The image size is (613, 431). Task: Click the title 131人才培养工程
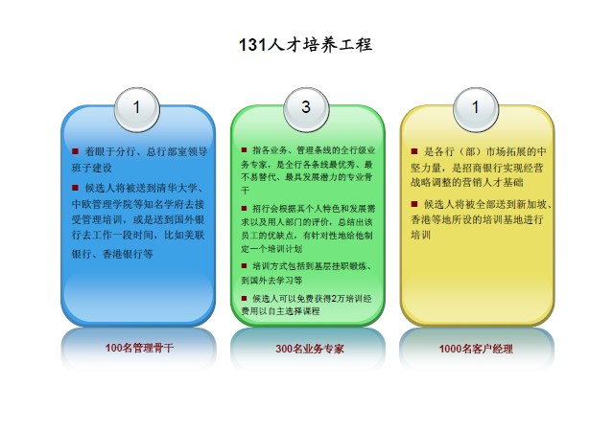point(305,45)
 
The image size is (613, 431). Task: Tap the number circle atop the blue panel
point(137,108)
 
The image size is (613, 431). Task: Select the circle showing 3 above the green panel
point(306,108)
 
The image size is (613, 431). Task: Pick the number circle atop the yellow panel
point(474,108)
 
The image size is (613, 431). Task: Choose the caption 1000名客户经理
point(476,349)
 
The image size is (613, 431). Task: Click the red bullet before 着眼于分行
point(76,151)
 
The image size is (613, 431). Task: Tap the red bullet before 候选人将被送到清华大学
point(76,187)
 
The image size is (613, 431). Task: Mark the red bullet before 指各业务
point(244,150)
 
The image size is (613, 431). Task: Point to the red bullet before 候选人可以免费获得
point(244,297)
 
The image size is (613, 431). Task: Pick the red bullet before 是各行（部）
point(413,150)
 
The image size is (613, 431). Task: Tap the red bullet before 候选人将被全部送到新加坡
point(413,203)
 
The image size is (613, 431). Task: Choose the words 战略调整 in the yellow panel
point(434,180)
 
